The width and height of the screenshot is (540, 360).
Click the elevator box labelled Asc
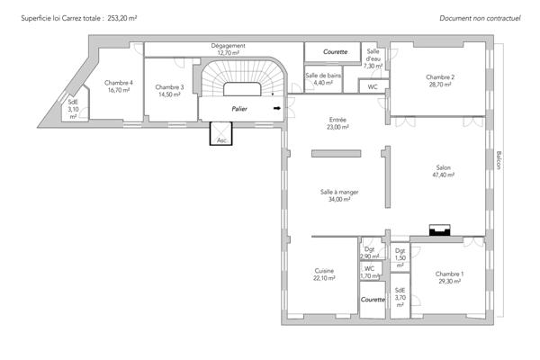pos(221,134)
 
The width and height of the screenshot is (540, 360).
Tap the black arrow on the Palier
pos(277,108)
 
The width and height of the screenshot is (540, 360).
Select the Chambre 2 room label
pos(440,77)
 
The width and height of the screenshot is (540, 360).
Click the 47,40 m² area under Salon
pos(443,175)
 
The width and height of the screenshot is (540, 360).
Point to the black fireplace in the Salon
pos(439,230)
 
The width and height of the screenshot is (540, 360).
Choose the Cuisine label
pos(324,271)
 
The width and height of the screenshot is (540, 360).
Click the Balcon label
pos(499,160)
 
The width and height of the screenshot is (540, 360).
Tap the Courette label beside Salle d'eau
pos(335,51)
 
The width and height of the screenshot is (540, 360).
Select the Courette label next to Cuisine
pos(373,300)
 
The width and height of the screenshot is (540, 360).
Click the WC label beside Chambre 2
pos(373,86)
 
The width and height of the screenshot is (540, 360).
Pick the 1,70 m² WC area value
pos(370,276)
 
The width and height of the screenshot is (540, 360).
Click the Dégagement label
pos(228,46)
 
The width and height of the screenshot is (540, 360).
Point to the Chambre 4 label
pos(119,83)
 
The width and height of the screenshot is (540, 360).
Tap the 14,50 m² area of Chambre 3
pos(169,94)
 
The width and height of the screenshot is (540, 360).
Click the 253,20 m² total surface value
pos(121,18)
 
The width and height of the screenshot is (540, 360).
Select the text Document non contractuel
pos(480,18)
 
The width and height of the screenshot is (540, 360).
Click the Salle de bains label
pos(323,76)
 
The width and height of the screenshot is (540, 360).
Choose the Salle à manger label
pos(339,192)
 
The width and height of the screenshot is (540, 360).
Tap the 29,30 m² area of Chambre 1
pos(449,282)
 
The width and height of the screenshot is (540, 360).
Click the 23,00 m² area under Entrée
pos(337,127)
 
